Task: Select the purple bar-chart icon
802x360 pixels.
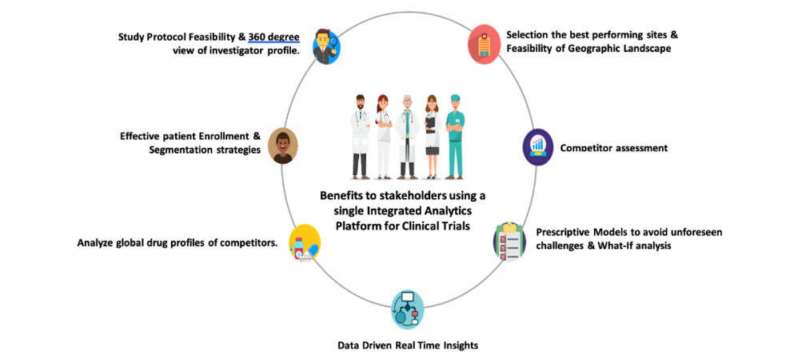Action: coord(538,147)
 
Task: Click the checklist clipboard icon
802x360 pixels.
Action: coord(509,240)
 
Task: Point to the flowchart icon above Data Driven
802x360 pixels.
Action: coord(409,310)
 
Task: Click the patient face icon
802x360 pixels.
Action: coord(282,146)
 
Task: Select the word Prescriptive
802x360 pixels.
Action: coord(562,232)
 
